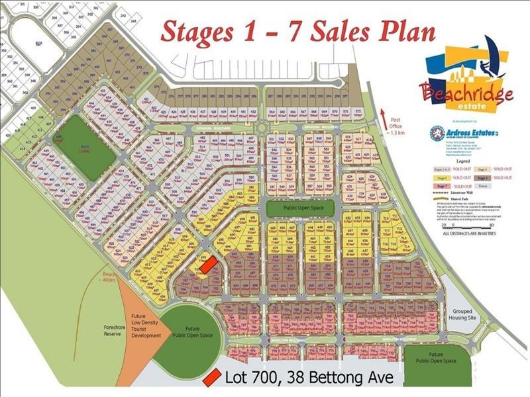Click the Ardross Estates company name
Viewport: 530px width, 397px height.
pos(472,132)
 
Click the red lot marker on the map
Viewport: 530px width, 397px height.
pos(209,265)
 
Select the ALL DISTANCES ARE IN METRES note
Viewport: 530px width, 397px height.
pos(468,234)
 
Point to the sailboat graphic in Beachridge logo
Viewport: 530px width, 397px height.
pos(494,56)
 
